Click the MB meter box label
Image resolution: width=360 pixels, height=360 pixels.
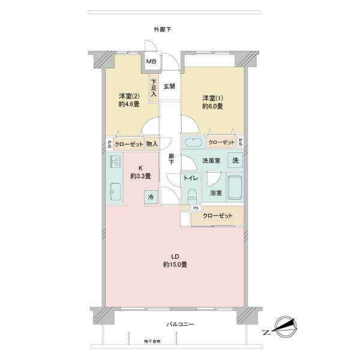tap(151, 61)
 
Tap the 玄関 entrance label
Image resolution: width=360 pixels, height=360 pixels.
tap(169, 86)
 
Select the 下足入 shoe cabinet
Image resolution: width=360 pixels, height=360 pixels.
tap(154, 88)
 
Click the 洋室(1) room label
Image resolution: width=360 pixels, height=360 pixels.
tap(212, 98)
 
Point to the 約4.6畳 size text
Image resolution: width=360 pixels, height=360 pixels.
tap(129, 104)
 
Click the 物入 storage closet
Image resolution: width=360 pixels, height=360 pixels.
tap(152, 144)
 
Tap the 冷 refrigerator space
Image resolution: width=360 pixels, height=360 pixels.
tap(151, 197)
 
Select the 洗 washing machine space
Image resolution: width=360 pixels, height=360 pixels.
tap(235, 160)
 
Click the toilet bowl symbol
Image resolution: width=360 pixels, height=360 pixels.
tap(192, 196)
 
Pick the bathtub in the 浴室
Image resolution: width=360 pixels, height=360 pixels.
tap(235, 188)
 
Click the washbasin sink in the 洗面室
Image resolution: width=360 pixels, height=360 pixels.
tap(194, 143)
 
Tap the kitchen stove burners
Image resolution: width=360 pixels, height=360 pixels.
tap(115, 161)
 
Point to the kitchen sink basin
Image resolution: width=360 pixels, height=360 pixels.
tap(115, 191)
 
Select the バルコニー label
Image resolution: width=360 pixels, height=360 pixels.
tap(180, 324)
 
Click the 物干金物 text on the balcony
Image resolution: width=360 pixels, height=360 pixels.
tap(152, 341)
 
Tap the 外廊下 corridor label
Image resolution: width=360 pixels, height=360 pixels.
tap(163, 29)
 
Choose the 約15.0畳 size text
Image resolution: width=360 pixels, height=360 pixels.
tap(175, 265)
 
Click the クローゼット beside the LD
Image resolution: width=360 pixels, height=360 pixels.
tap(217, 215)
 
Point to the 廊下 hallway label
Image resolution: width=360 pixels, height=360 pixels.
tap(171, 160)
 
